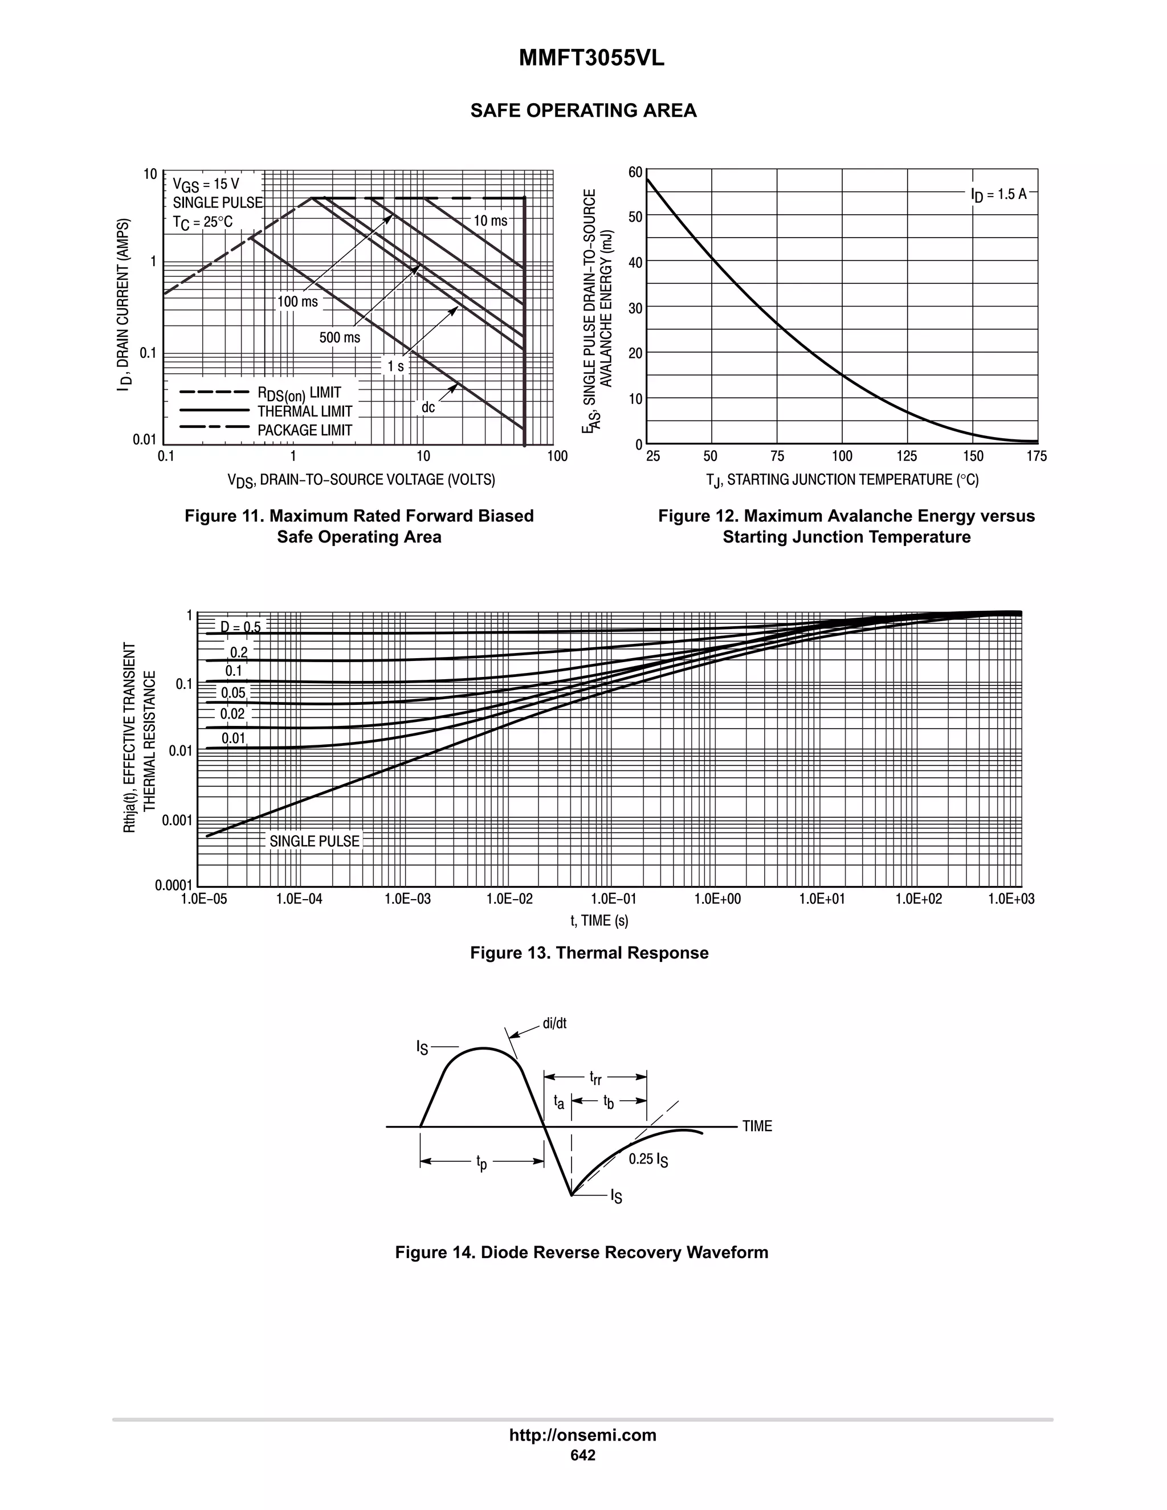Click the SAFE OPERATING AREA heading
pyautogui.click(x=583, y=111)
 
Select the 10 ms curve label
pyautogui.click(x=490, y=221)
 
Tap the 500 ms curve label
pyautogui.click(x=340, y=337)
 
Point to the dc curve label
pyautogui.click(x=428, y=407)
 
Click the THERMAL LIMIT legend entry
pyautogui.click(x=305, y=411)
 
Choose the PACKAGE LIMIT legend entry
pyautogui.click(x=305, y=430)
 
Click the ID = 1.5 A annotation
pyautogui.click(x=999, y=195)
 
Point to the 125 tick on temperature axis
pyautogui.click(x=907, y=456)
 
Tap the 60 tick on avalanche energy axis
pyautogui.click(x=635, y=172)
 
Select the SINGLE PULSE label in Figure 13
pyautogui.click(x=315, y=842)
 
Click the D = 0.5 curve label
pyautogui.click(x=240, y=627)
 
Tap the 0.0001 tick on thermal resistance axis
pyautogui.click(x=173, y=885)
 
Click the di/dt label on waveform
pyautogui.click(x=554, y=1023)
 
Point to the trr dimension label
pyautogui.click(x=595, y=1077)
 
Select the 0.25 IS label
pyautogui.click(x=648, y=1160)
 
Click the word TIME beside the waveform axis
pyautogui.click(x=757, y=1127)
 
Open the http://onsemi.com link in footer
pyautogui.click(x=583, y=1435)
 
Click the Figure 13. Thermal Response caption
pyautogui.click(x=589, y=953)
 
